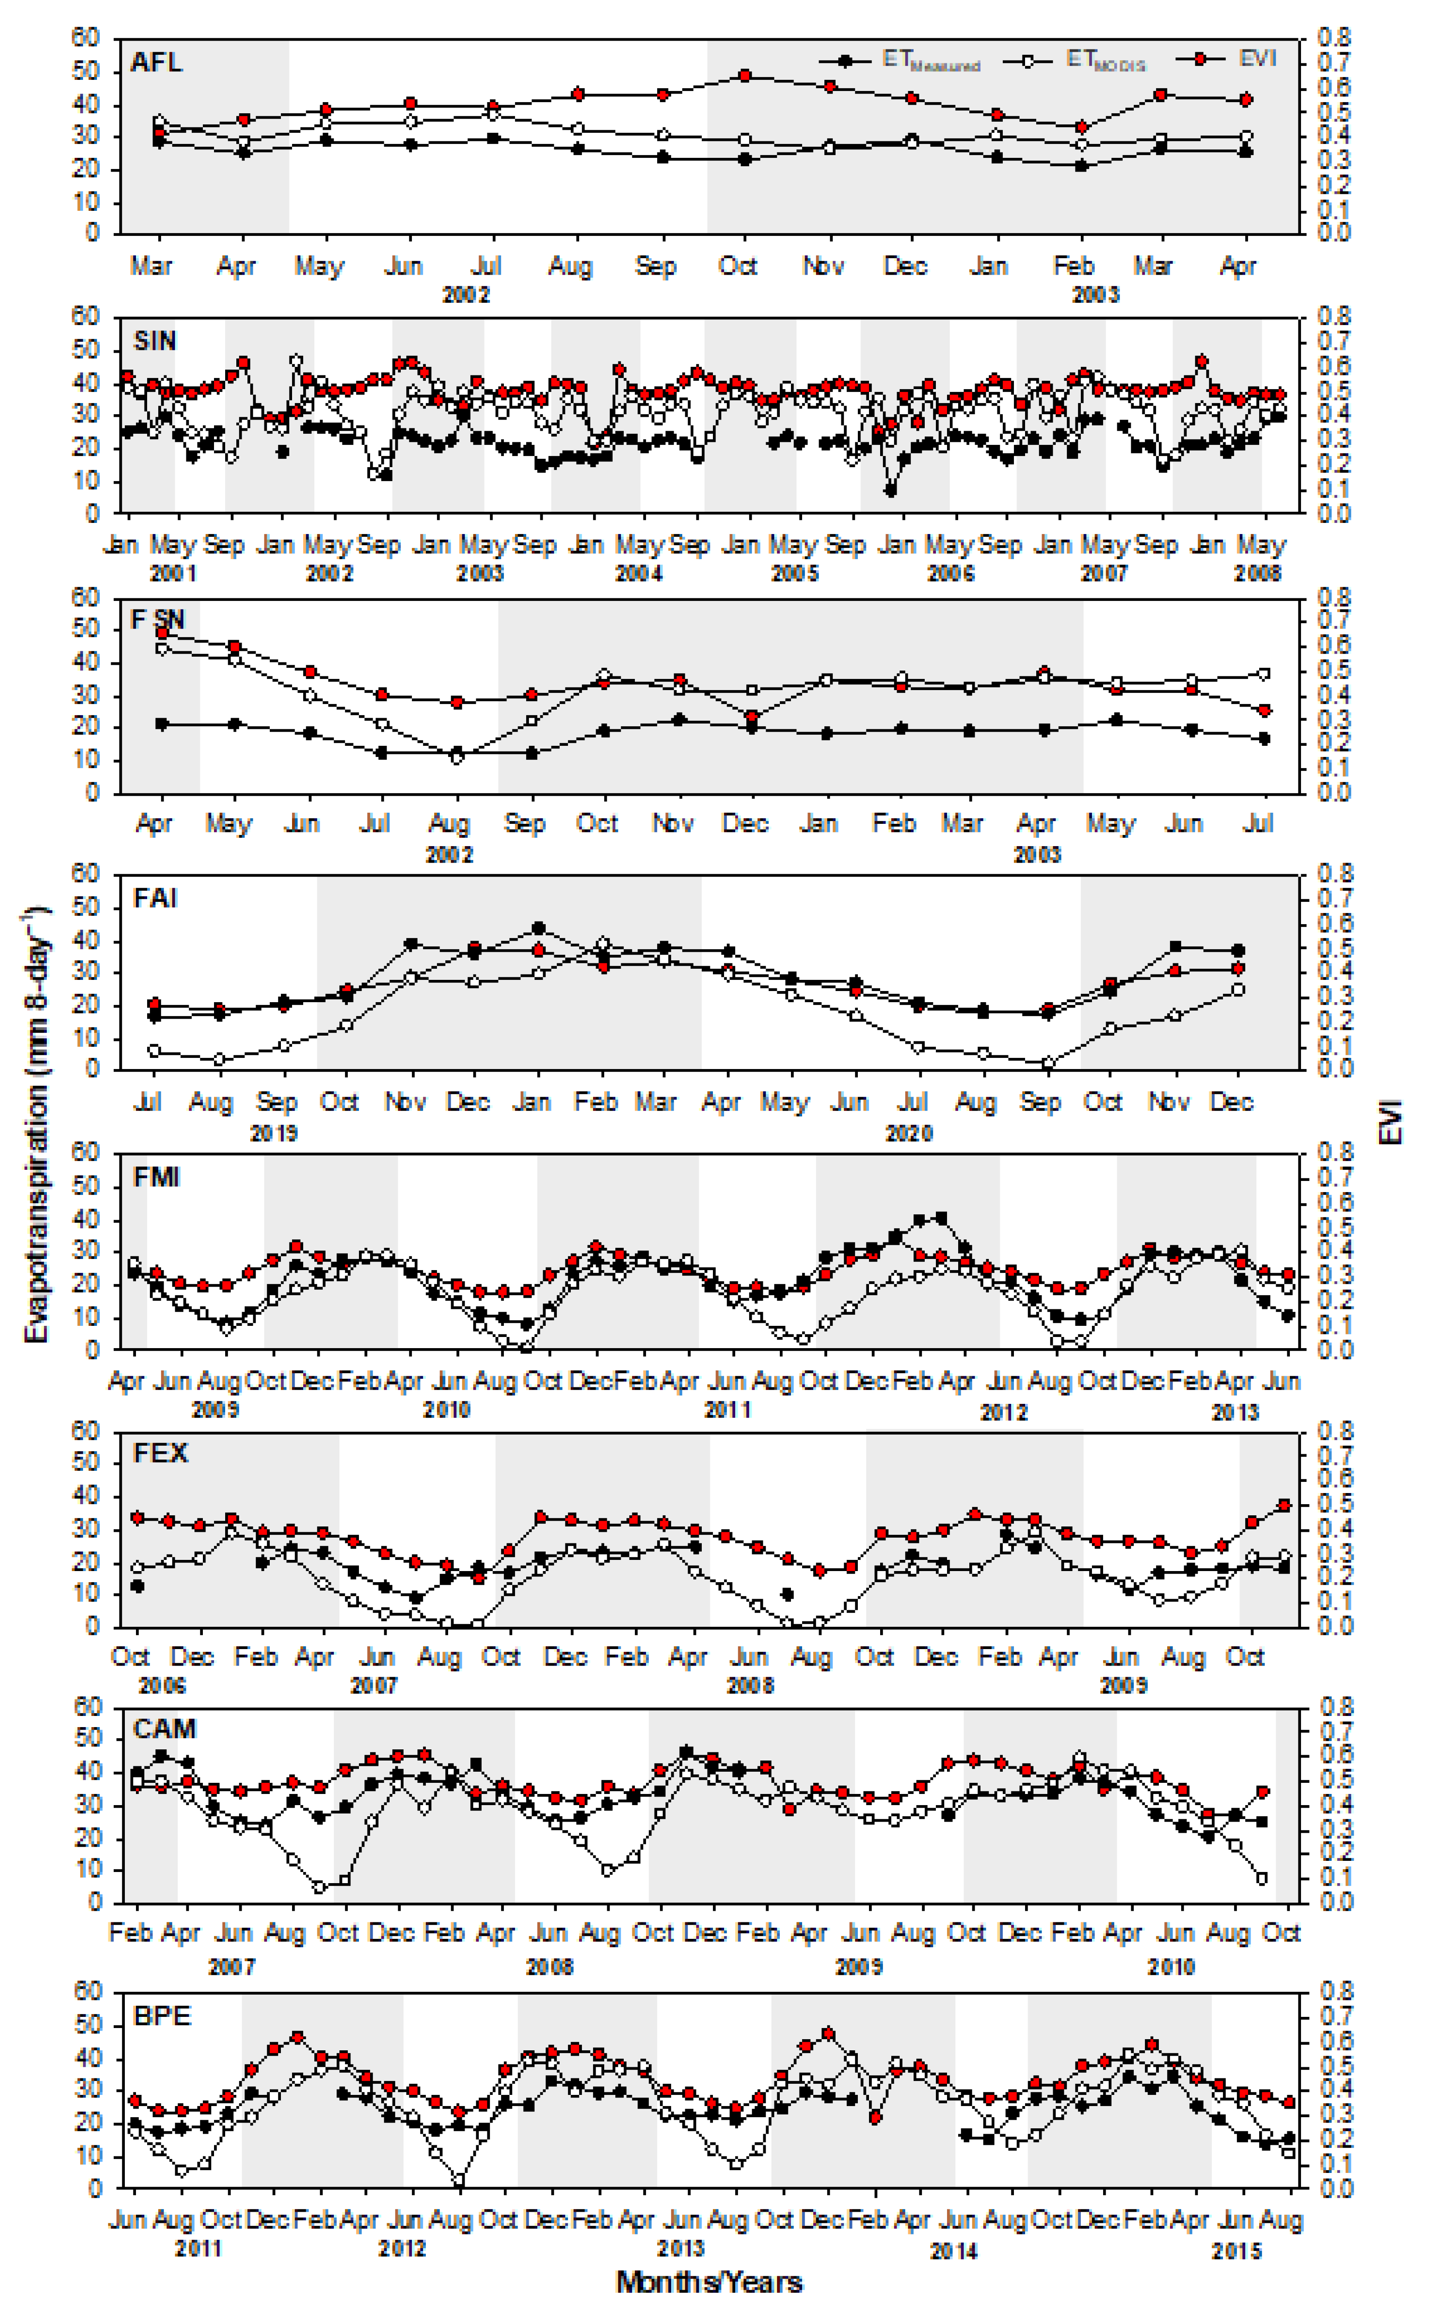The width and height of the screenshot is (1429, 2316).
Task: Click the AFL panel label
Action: (156, 62)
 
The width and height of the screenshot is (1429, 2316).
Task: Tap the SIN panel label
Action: (154, 340)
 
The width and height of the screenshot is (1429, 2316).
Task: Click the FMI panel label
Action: (156, 1177)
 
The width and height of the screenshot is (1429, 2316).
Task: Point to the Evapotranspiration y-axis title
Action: (36, 1124)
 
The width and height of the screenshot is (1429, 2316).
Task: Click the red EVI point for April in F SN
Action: (161, 632)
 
